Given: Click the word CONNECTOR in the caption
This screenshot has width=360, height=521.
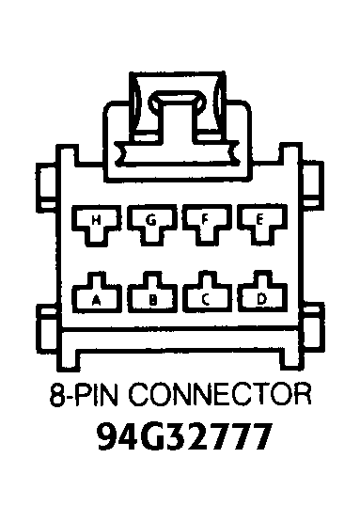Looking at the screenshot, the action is click(220, 395).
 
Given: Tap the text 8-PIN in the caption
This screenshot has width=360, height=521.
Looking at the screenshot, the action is click(84, 395).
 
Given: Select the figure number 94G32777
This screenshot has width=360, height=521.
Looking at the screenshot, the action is click(184, 436).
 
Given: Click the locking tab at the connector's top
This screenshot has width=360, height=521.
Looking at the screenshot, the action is click(178, 118).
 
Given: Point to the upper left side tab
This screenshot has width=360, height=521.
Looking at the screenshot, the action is click(46, 185).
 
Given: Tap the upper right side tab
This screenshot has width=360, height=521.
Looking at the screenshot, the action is click(314, 183).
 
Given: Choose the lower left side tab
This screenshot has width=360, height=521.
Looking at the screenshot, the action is click(49, 329).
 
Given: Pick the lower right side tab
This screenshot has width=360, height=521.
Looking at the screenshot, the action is click(314, 329).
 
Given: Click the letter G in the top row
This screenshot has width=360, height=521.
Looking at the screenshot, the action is click(151, 220).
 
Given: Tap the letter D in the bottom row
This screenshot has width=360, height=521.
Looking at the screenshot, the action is click(261, 299).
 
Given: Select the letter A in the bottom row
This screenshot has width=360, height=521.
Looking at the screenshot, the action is click(96, 300).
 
